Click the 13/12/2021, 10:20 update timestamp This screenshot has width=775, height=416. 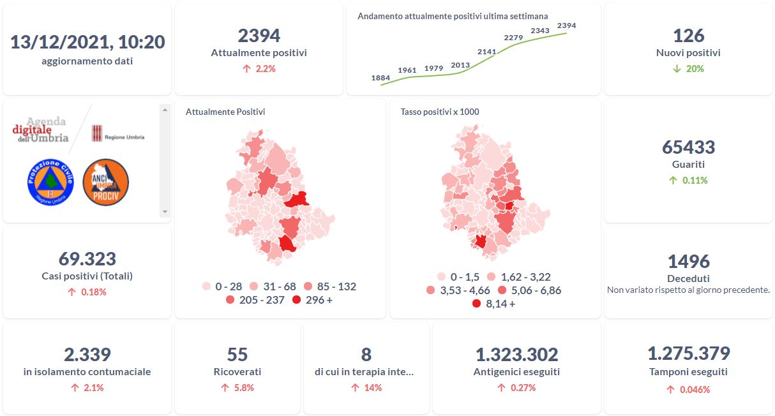(87, 42)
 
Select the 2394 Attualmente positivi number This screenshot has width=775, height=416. (259, 36)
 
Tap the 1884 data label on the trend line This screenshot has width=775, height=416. (380, 78)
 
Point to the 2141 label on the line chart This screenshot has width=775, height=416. (487, 51)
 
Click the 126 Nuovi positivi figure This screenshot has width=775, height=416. (688, 36)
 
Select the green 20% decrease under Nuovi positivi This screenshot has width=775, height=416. (688, 68)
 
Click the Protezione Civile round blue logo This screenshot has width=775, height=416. (51, 182)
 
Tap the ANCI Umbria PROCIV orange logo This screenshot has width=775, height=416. (106, 182)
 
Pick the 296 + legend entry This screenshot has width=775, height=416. (312, 300)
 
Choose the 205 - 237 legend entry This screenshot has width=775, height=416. (255, 300)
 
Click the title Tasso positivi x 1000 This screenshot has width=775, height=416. (440, 112)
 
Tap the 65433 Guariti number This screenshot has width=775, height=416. (688, 147)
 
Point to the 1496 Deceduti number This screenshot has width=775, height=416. (688, 262)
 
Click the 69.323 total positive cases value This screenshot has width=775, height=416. (87, 259)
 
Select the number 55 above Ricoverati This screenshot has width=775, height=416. (237, 354)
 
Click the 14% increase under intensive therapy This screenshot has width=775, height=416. (366, 387)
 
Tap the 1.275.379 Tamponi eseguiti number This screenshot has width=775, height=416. (688, 353)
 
